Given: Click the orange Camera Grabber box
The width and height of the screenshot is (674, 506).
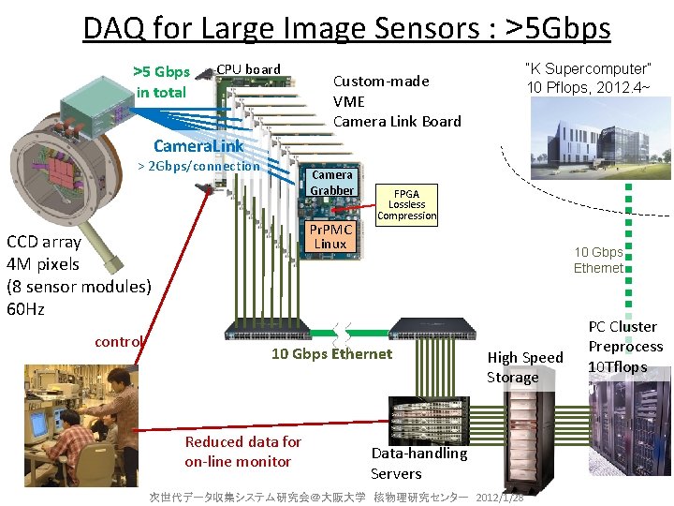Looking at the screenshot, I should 332,183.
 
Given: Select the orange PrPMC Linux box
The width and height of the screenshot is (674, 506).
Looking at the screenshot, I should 331,236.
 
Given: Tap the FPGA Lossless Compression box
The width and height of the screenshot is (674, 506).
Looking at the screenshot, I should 406,205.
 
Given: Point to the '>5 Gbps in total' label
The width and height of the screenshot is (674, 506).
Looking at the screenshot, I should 161,82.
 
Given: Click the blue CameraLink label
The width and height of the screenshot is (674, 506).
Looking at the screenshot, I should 198,146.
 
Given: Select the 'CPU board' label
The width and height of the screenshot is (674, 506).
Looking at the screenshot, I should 248,69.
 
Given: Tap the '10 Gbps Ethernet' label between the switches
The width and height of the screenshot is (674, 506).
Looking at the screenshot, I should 331,354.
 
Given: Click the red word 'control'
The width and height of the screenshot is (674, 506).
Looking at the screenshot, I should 119,342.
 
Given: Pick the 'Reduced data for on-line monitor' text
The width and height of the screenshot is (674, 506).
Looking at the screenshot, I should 242,451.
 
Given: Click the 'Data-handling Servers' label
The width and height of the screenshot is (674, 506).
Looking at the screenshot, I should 418,463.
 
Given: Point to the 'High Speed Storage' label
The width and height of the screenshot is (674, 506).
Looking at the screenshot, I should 524,366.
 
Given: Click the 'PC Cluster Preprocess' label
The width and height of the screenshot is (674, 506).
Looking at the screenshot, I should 625,347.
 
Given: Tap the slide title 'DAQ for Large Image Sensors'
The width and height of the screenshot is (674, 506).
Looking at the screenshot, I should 346,28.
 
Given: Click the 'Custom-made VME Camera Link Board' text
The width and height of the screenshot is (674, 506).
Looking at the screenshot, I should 397,101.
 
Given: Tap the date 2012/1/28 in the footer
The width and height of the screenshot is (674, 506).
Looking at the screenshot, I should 500,496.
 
